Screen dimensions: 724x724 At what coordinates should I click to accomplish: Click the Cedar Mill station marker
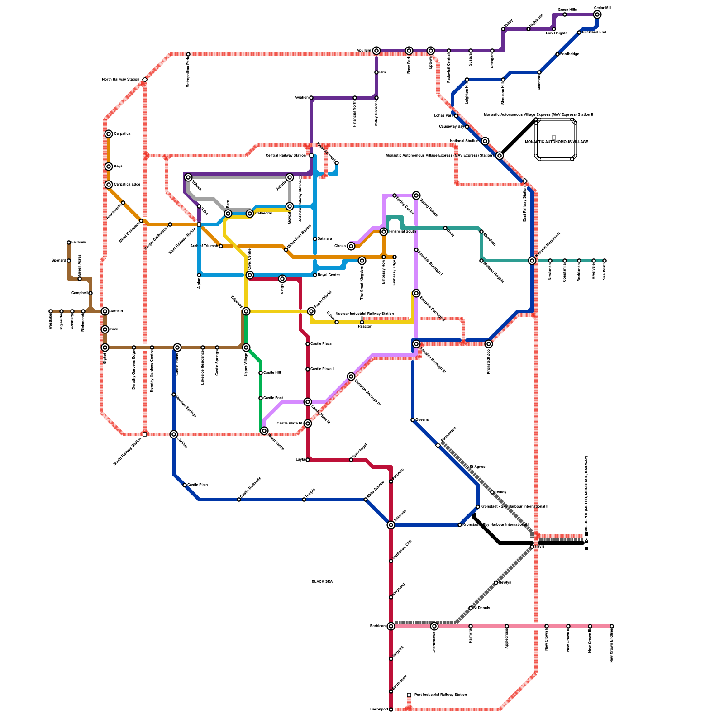597,14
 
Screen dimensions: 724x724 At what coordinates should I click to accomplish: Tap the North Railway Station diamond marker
145,80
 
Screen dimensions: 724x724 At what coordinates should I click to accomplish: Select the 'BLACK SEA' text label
322,581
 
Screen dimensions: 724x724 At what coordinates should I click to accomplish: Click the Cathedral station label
263,213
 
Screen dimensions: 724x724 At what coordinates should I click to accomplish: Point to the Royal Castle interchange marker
264,431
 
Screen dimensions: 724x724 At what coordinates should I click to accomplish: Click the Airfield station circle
105,311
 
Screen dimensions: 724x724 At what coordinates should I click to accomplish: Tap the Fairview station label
79,243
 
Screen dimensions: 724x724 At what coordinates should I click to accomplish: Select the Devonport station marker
391,710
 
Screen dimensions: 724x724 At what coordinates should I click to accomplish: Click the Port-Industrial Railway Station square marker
409,695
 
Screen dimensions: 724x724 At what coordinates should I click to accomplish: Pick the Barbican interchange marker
391,626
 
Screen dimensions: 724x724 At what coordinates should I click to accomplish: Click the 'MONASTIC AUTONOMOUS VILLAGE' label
556,142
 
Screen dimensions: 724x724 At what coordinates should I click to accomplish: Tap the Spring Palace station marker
416,195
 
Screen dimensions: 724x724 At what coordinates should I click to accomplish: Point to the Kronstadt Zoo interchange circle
489,344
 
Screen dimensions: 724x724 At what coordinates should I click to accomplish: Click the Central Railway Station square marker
311,156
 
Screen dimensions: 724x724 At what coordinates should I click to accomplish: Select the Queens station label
422,420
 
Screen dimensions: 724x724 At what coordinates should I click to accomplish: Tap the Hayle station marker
532,547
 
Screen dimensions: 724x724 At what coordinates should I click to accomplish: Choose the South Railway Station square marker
145,434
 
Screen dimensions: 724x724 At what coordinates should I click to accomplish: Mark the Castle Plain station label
197,485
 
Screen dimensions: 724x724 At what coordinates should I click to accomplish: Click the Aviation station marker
311,98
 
